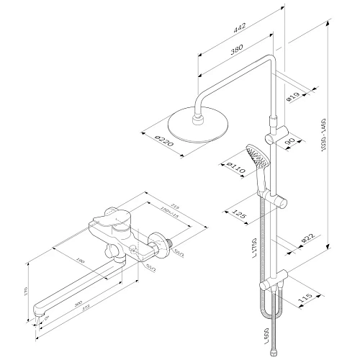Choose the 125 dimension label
click(243, 213)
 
